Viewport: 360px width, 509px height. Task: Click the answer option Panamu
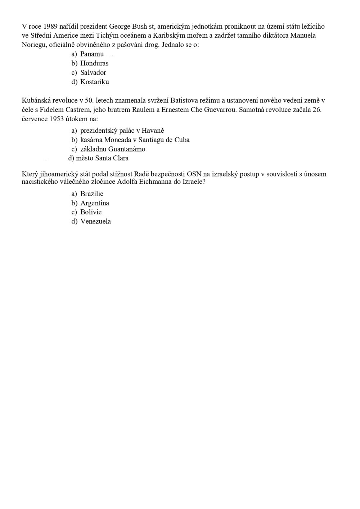[92, 54]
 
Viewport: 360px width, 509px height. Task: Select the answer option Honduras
[94, 63]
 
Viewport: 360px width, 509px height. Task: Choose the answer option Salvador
[93, 73]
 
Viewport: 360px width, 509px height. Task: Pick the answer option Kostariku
[94, 82]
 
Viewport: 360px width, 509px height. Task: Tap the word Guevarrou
[220, 109]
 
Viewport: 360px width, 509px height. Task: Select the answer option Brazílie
[92, 194]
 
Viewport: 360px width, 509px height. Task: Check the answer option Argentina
[95, 203]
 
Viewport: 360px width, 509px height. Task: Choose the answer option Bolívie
[91, 212]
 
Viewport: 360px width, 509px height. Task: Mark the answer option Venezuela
[95, 222]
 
